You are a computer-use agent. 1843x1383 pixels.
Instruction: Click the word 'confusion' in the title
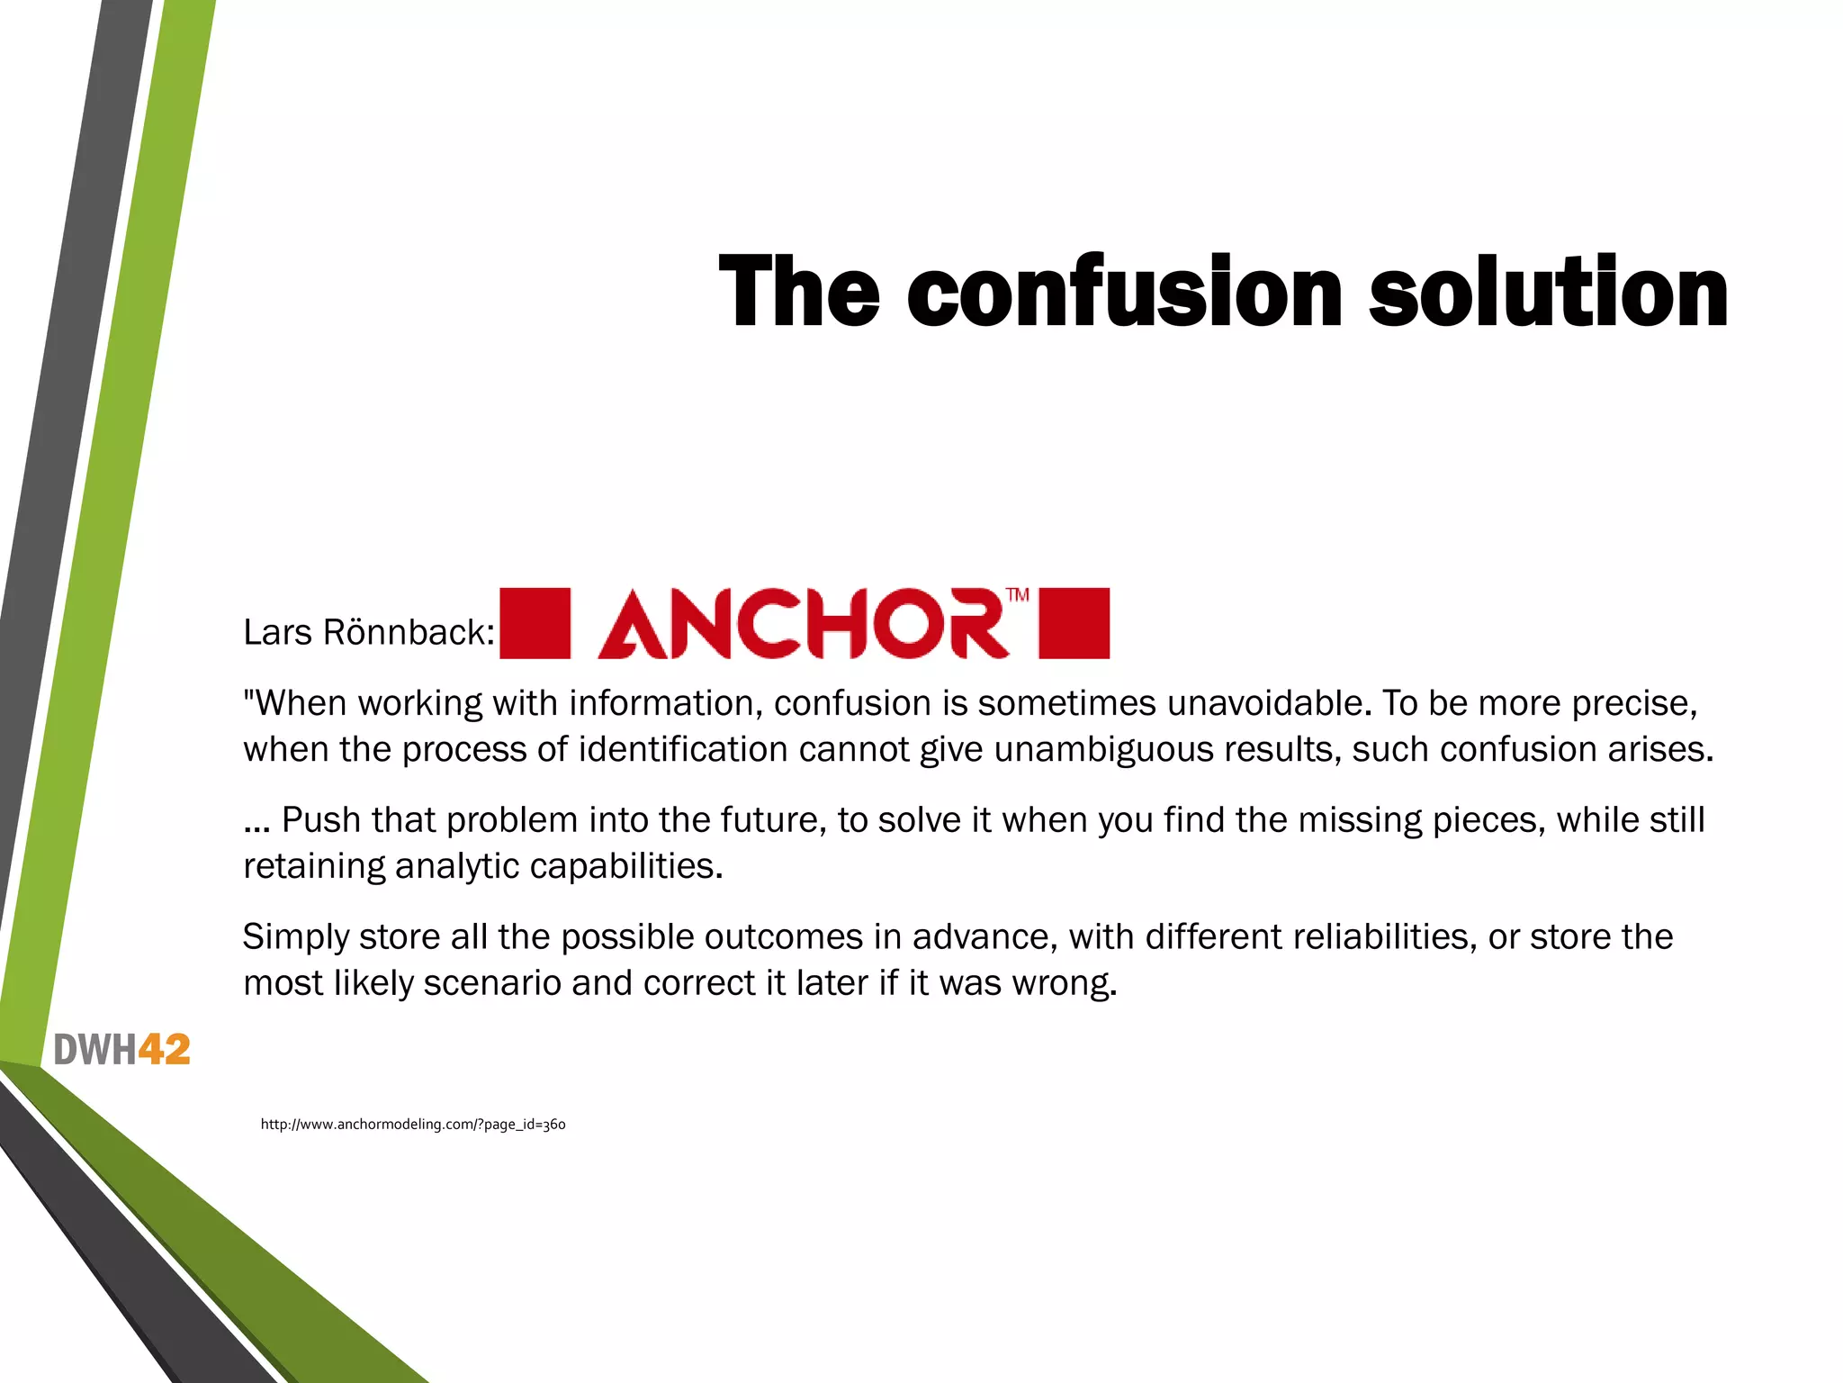pyautogui.click(x=1124, y=293)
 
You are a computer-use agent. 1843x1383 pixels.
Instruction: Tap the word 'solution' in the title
pyautogui.click(x=1548, y=293)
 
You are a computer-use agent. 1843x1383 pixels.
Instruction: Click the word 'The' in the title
pyautogui.click(x=799, y=293)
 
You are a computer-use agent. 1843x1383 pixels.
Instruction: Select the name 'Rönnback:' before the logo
pyautogui.click(x=409, y=633)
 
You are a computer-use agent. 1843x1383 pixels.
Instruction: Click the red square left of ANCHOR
pyautogui.click(x=535, y=623)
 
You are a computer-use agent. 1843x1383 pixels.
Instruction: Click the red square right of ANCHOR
pyautogui.click(x=1074, y=623)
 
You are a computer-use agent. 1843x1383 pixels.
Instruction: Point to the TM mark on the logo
pyautogui.click(x=1017, y=595)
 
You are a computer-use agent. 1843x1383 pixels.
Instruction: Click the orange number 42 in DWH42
pyautogui.click(x=165, y=1050)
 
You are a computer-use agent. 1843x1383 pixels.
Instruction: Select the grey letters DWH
pyautogui.click(x=95, y=1050)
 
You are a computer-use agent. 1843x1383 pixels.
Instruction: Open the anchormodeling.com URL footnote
pyautogui.click(x=413, y=1124)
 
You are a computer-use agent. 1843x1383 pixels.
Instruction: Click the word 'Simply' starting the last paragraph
pyautogui.click(x=295, y=937)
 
